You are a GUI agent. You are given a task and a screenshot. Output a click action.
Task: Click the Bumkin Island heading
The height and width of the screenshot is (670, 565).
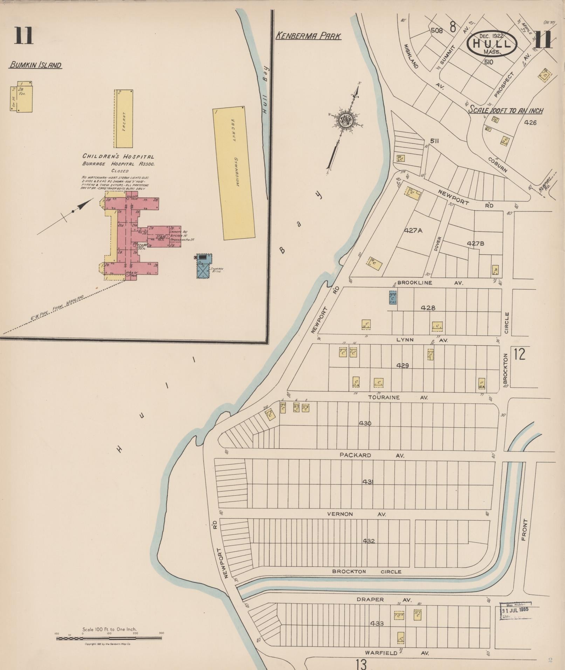tap(35, 65)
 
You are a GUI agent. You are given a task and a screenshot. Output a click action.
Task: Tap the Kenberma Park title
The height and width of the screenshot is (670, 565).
tap(308, 36)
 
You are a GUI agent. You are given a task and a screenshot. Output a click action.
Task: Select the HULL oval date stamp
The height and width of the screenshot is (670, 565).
tap(492, 43)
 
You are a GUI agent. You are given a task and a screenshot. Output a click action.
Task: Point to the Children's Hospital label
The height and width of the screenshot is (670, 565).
tap(118, 157)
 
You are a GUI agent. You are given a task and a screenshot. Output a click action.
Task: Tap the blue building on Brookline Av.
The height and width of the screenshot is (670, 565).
tap(393, 297)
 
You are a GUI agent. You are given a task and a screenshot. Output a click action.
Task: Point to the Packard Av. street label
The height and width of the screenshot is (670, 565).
tap(371, 455)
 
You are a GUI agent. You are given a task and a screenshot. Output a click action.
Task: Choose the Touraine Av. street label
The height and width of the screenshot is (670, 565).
tap(397, 398)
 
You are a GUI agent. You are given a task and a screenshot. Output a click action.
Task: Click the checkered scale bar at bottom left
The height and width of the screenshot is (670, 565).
tap(109, 638)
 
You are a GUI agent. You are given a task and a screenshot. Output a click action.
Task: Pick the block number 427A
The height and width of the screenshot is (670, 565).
tap(414, 230)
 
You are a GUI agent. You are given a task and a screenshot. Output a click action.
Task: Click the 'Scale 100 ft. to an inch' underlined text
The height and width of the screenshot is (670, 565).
tap(505, 111)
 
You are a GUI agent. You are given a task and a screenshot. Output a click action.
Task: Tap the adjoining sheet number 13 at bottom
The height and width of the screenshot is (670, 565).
tap(361, 663)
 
